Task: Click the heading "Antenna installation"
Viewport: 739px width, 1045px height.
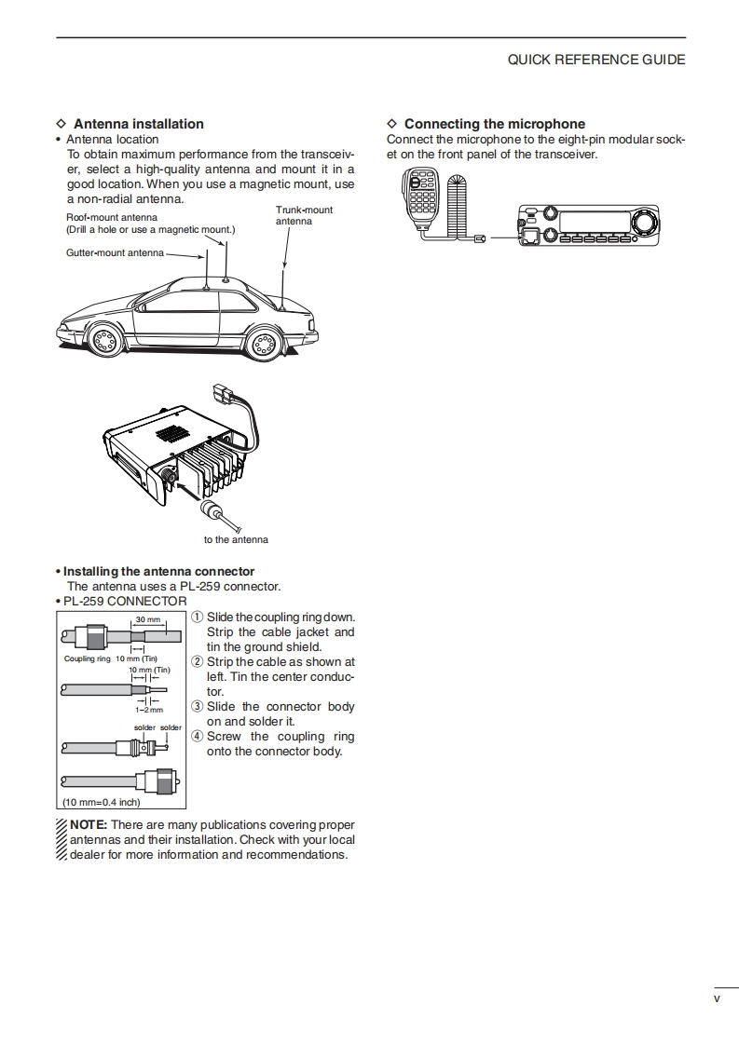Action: pyautogui.click(x=138, y=124)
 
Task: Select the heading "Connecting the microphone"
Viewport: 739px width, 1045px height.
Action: pyautogui.click(x=494, y=124)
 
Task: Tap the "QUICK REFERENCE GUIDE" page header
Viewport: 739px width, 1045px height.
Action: pyautogui.click(x=595, y=60)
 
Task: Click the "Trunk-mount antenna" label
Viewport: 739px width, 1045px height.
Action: pyautogui.click(x=304, y=215)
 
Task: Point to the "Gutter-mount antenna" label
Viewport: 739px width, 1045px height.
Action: pyautogui.click(x=115, y=252)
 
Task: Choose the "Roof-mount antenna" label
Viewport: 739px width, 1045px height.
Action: pyautogui.click(x=111, y=217)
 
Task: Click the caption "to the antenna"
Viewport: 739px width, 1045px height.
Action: pyautogui.click(x=236, y=540)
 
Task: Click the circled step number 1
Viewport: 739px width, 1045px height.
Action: pyautogui.click(x=198, y=617)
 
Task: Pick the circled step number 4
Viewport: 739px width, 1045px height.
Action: pyautogui.click(x=198, y=737)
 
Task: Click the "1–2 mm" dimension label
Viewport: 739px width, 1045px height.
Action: pyautogui.click(x=148, y=710)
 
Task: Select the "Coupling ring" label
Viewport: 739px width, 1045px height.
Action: pyautogui.click(x=87, y=658)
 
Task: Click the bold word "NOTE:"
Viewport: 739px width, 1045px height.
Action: pyautogui.click(x=89, y=825)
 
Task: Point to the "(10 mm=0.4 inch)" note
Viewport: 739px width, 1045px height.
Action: pyautogui.click(x=101, y=801)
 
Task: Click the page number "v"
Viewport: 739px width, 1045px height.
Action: pyautogui.click(x=717, y=998)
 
